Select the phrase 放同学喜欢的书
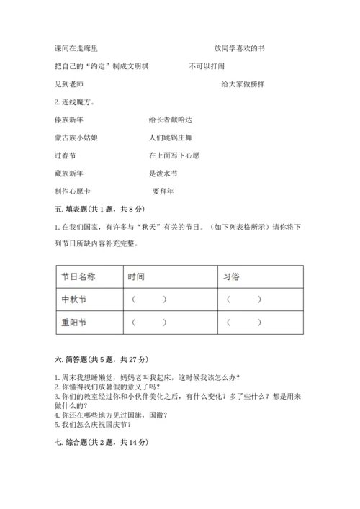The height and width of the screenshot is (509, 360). pos(239,48)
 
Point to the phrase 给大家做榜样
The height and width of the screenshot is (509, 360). pos(243,84)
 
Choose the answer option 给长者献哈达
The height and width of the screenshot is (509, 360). pos(170,119)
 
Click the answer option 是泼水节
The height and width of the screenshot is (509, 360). pos(163,173)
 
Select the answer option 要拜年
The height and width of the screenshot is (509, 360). pos(163,191)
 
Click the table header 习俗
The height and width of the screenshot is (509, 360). pos(231,276)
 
